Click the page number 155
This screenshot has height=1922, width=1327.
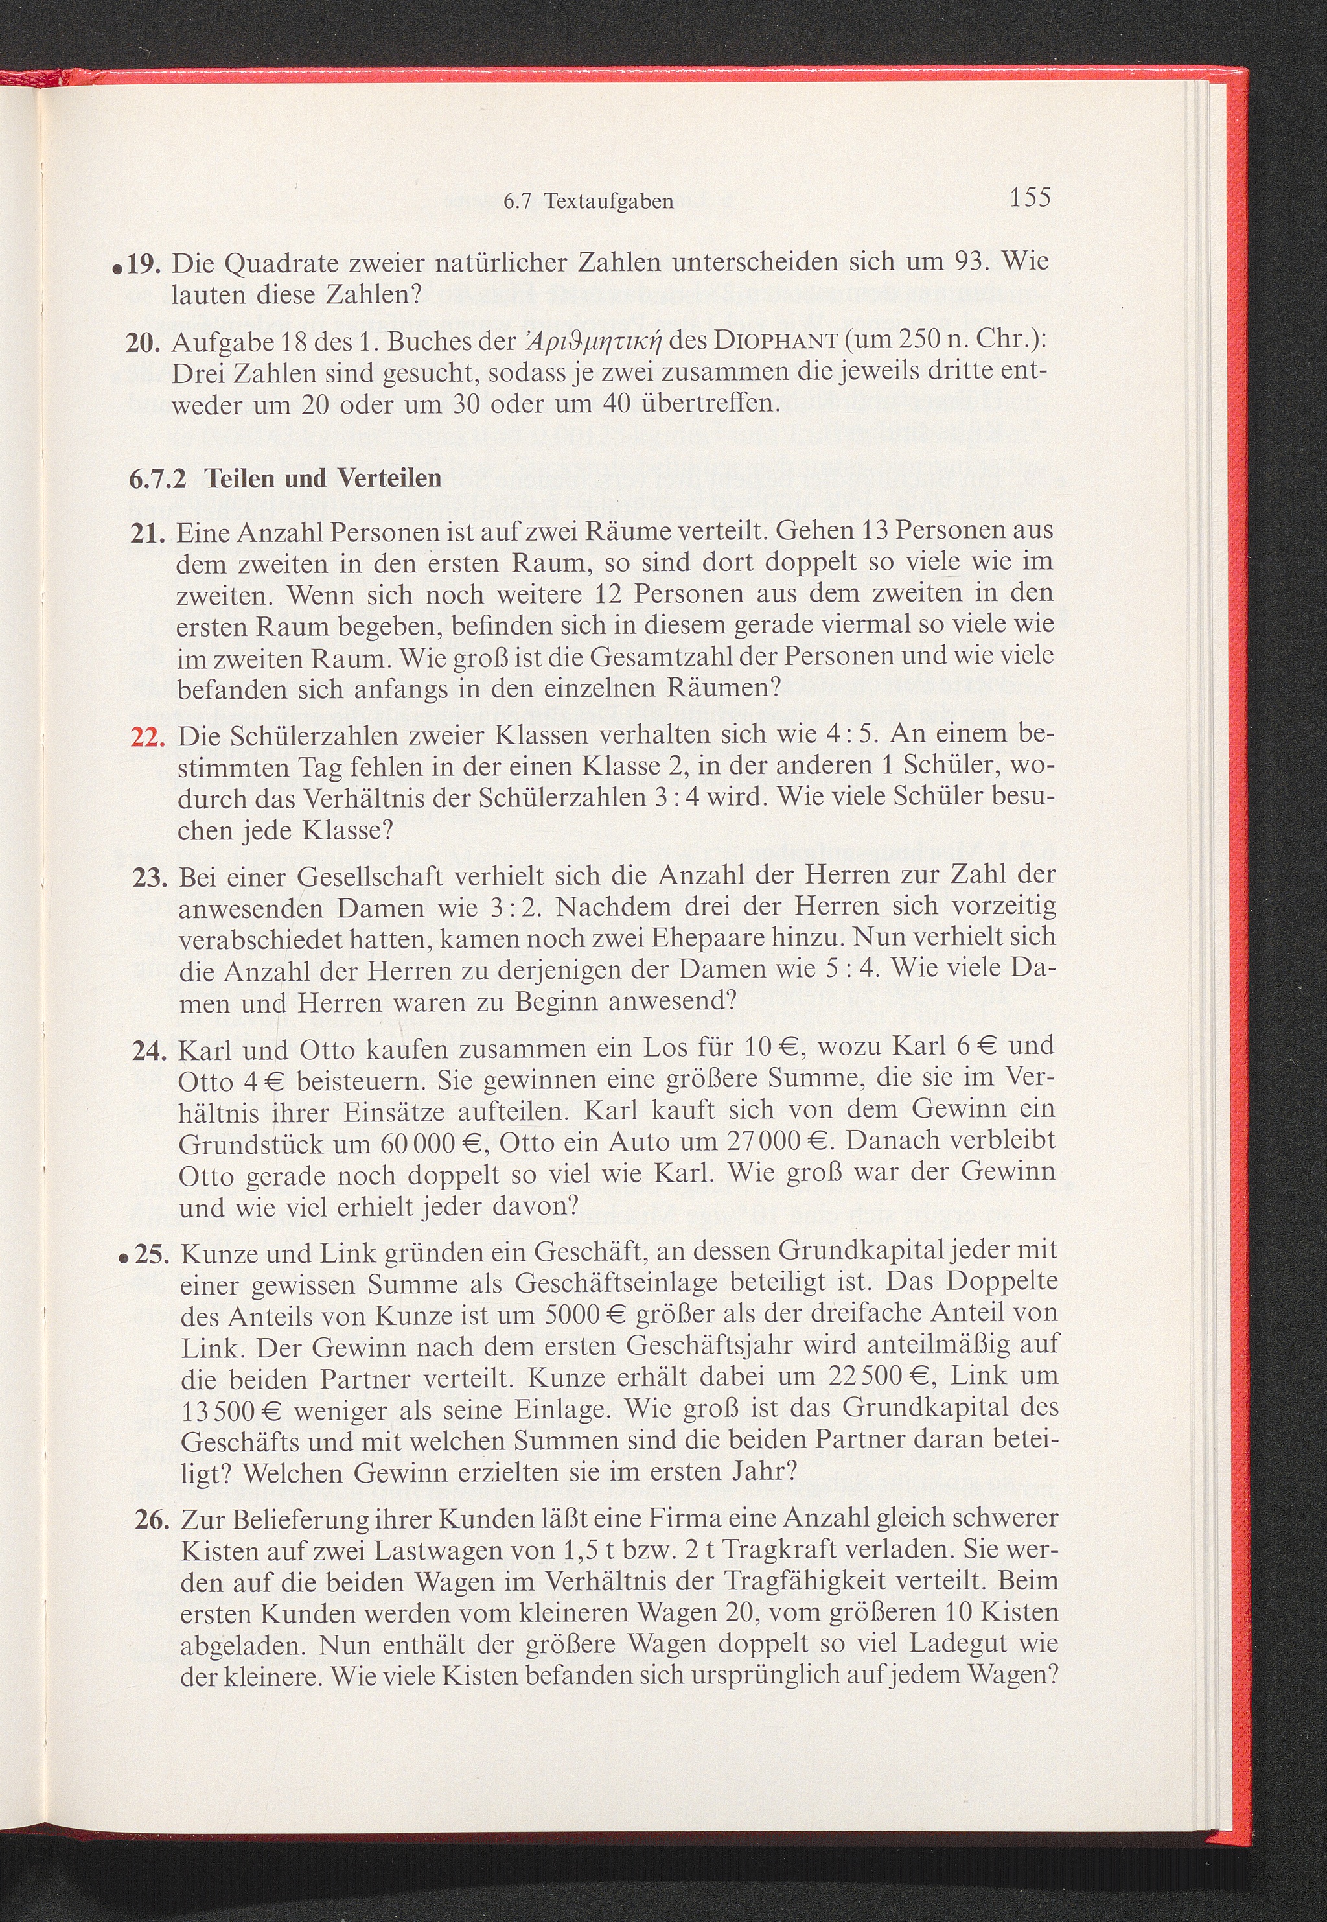(1030, 197)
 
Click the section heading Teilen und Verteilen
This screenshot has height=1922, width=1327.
(323, 478)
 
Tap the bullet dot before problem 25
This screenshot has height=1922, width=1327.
(122, 1261)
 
